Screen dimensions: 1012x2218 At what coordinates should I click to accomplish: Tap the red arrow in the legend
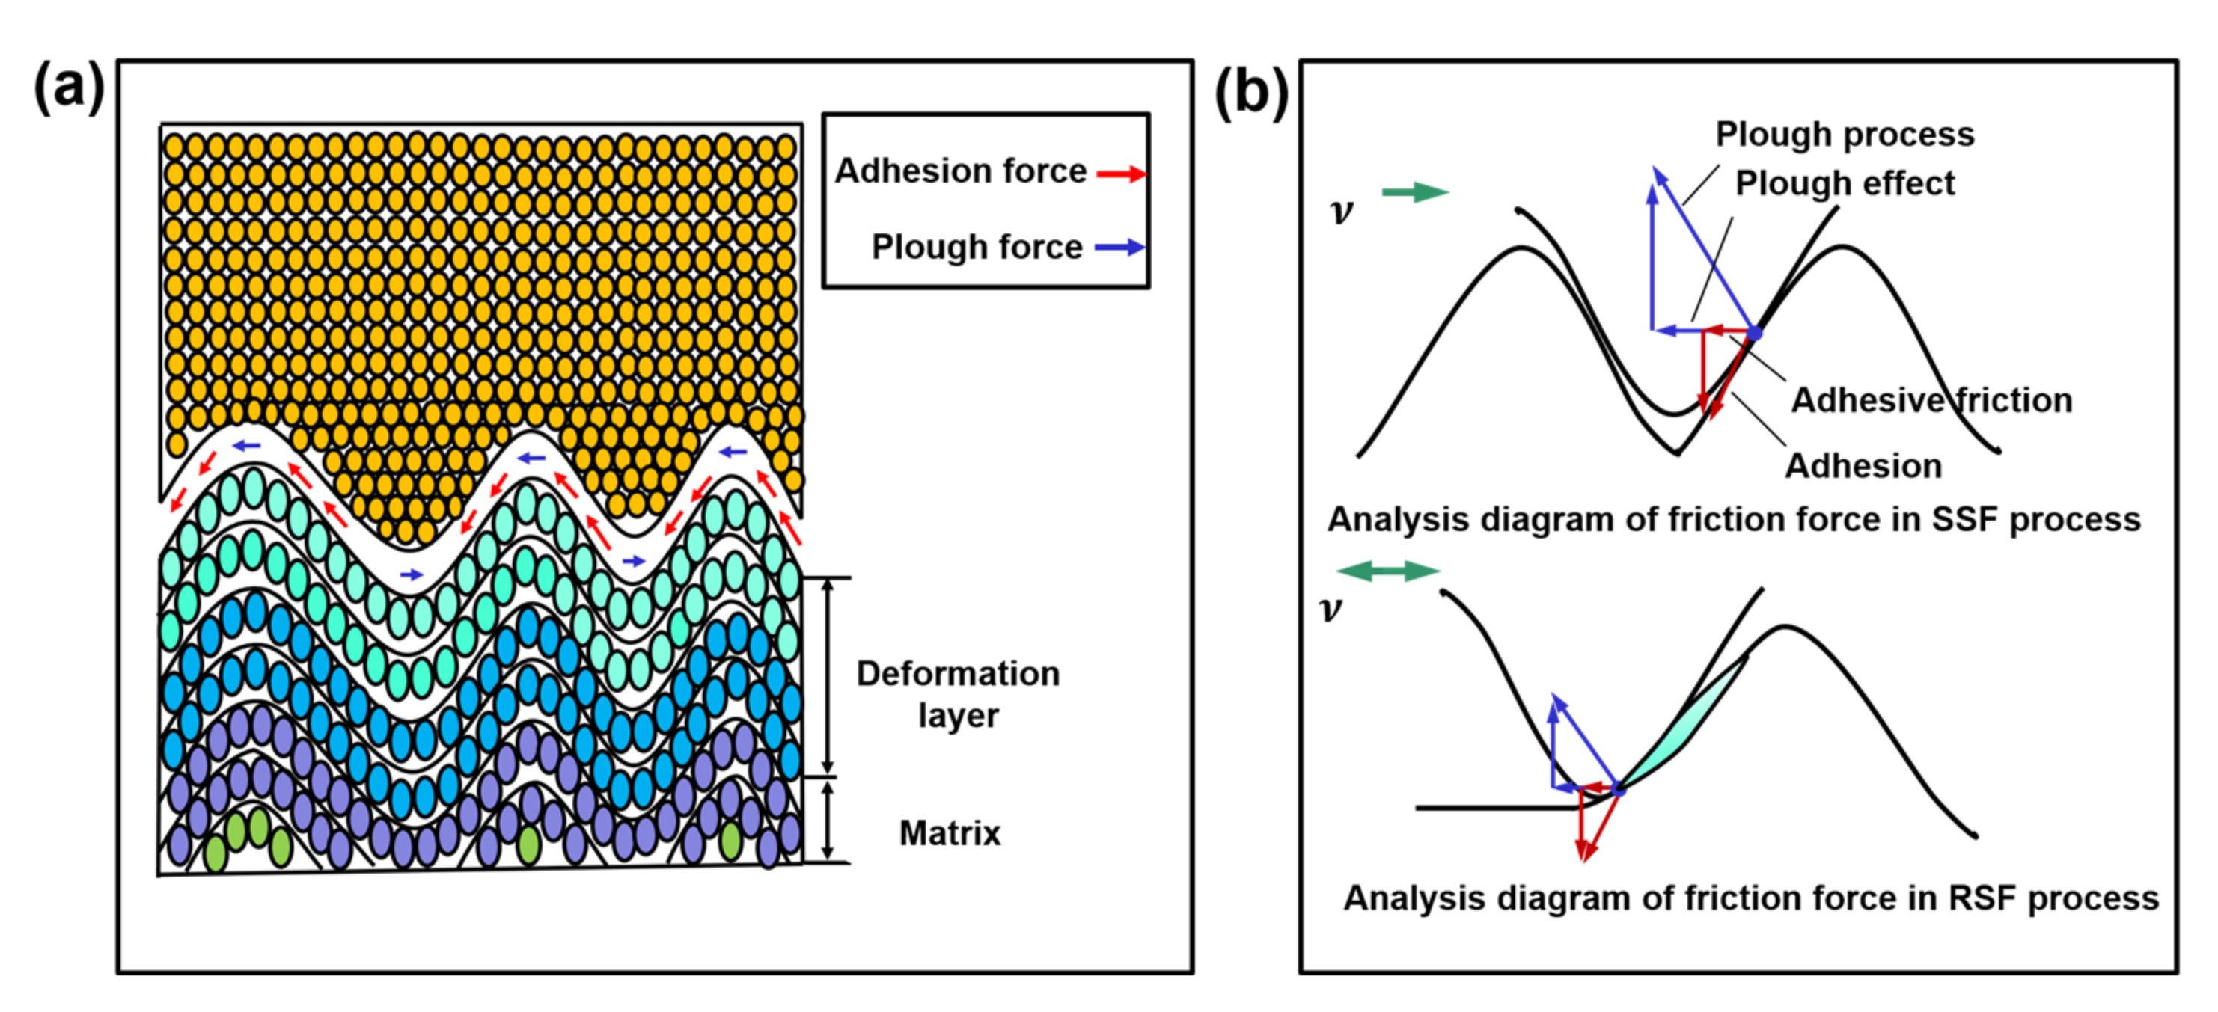pyautogui.click(x=1121, y=174)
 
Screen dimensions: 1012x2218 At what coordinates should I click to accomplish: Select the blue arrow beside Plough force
pyautogui.click(x=1119, y=248)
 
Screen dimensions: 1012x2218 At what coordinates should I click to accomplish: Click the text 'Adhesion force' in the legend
pyautogui.click(x=960, y=171)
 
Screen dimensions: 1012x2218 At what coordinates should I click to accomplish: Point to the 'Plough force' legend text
pyautogui.click(x=977, y=247)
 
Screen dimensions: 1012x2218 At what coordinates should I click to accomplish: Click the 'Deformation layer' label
pyautogui.click(x=957, y=693)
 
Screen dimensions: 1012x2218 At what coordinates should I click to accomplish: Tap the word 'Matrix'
pyautogui.click(x=950, y=833)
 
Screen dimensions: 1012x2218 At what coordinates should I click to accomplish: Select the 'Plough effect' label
pyautogui.click(x=1845, y=183)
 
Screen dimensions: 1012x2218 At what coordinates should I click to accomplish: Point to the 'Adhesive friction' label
pyautogui.click(x=1931, y=400)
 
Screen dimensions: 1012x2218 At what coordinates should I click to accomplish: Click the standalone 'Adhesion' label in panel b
pyautogui.click(x=1863, y=465)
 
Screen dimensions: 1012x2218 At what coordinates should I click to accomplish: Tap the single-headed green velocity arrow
pyautogui.click(x=1414, y=192)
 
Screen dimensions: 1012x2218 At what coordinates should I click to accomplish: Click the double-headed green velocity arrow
pyautogui.click(x=1388, y=571)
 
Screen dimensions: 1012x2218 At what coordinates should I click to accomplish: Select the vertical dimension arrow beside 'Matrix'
pyautogui.click(x=828, y=820)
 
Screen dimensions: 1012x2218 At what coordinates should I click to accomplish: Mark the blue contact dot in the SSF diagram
pyautogui.click(x=1754, y=333)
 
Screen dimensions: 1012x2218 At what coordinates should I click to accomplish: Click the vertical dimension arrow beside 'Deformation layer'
pyautogui.click(x=828, y=676)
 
